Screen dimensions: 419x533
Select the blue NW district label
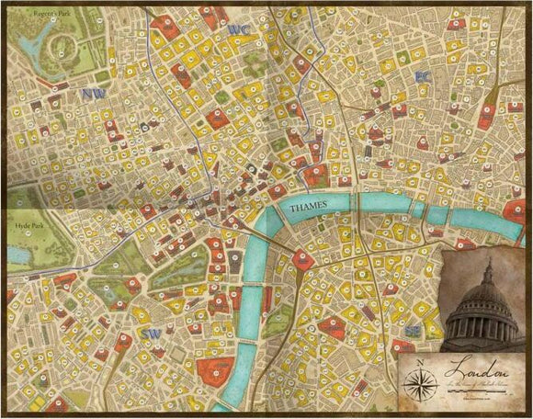click(92, 93)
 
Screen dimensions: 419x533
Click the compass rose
click(420, 382)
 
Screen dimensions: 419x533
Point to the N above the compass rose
click(420, 361)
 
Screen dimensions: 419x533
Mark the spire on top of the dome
click(488, 266)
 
